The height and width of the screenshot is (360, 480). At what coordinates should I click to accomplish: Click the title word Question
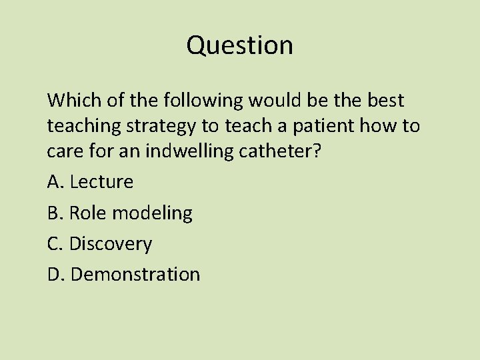[239, 45]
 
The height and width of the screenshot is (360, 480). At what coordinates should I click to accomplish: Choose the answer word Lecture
[101, 181]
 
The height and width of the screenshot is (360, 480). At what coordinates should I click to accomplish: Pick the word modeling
[152, 213]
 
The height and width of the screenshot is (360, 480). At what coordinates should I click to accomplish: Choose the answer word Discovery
[111, 243]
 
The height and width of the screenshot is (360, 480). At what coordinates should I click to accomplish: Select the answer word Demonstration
[135, 274]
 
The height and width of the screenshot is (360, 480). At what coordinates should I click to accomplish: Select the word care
[65, 151]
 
